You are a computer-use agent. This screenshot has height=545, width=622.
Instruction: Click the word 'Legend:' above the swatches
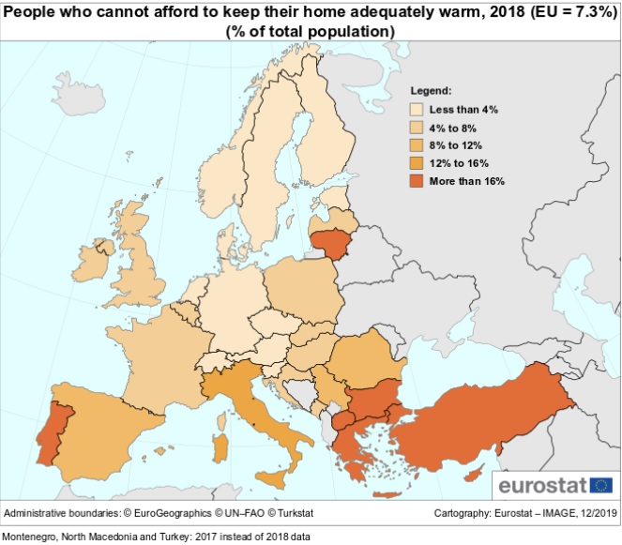coord(432,92)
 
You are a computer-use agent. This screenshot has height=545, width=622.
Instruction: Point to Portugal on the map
coord(48,431)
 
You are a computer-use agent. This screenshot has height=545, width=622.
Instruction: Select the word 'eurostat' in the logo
coord(542,486)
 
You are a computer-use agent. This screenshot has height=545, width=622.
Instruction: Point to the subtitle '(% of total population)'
coord(310,31)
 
